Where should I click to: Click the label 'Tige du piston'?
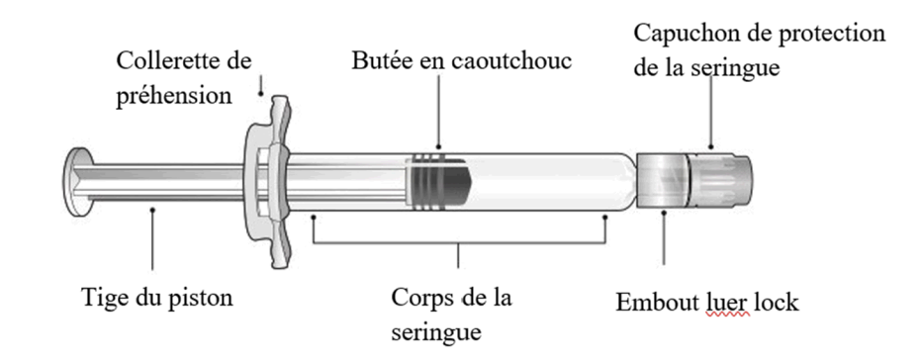[x=157, y=298]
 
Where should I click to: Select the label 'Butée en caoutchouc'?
[x=461, y=61]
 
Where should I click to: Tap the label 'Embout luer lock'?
[x=707, y=303]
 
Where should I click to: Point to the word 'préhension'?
[x=174, y=96]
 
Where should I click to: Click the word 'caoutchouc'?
[x=511, y=61]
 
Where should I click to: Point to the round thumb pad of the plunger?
[x=78, y=181]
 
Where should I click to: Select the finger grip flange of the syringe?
[x=268, y=181]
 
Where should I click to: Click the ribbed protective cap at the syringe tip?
[x=719, y=181]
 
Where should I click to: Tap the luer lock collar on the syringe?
[x=661, y=181]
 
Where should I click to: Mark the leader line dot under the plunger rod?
[x=152, y=209]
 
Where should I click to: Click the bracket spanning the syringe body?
[x=458, y=241]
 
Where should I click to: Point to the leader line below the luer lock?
[x=664, y=238]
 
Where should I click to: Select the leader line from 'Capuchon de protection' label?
[x=711, y=111]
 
